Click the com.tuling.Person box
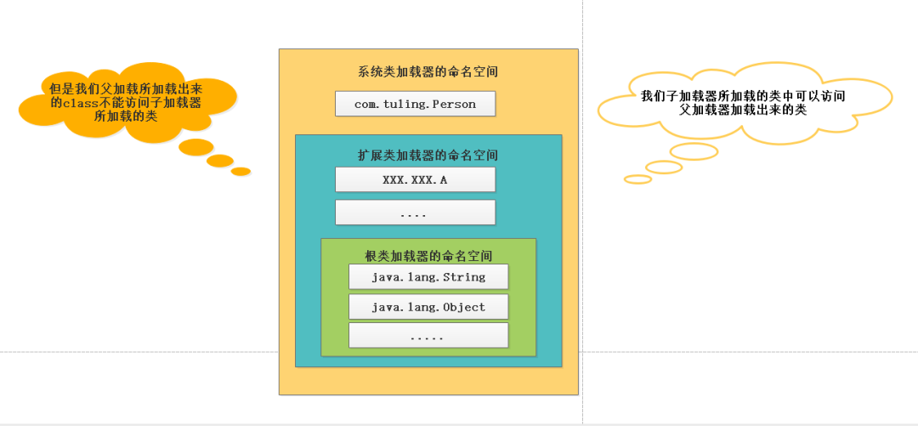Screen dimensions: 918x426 415,104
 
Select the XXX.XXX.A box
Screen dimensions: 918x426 415,179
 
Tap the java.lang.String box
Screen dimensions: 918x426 428,276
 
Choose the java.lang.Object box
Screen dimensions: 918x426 428,306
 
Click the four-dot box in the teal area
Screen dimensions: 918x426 415,212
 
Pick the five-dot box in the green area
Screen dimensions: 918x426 428,335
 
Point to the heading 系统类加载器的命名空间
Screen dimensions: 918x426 428,72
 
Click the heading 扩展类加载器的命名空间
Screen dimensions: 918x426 428,156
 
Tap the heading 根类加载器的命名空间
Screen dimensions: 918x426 428,255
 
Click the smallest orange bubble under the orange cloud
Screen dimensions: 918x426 241,171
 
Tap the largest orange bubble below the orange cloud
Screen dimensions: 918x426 195,146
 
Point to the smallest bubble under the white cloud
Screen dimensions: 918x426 637,179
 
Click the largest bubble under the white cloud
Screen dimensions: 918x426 694,151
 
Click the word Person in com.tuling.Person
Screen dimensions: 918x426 456,104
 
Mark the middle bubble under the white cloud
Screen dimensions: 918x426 663,167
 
